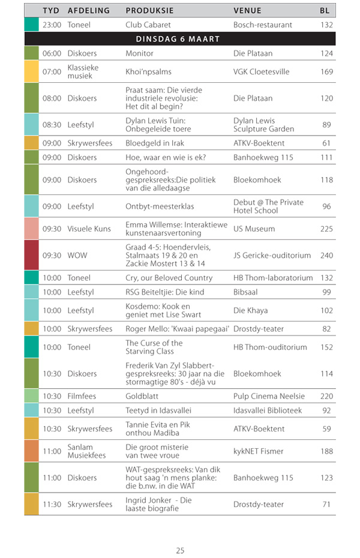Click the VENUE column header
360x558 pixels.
[247, 11]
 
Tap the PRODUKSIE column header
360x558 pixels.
[149, 11]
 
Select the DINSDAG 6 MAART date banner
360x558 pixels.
[178, 39]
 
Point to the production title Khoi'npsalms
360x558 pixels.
[148, 71]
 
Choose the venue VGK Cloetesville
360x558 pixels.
[261, 71]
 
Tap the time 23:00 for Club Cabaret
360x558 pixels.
[52, 25]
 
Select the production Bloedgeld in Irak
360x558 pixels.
[155, 143]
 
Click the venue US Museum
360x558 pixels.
[254, 229]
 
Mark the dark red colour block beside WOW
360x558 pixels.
[31, 255]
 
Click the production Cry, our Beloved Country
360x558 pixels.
[169, 278]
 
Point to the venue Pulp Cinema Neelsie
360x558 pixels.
[269, 396]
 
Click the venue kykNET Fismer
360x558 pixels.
[259, 451]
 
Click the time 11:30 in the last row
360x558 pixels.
[52, 504]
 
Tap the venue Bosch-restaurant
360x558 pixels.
[263, 25]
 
